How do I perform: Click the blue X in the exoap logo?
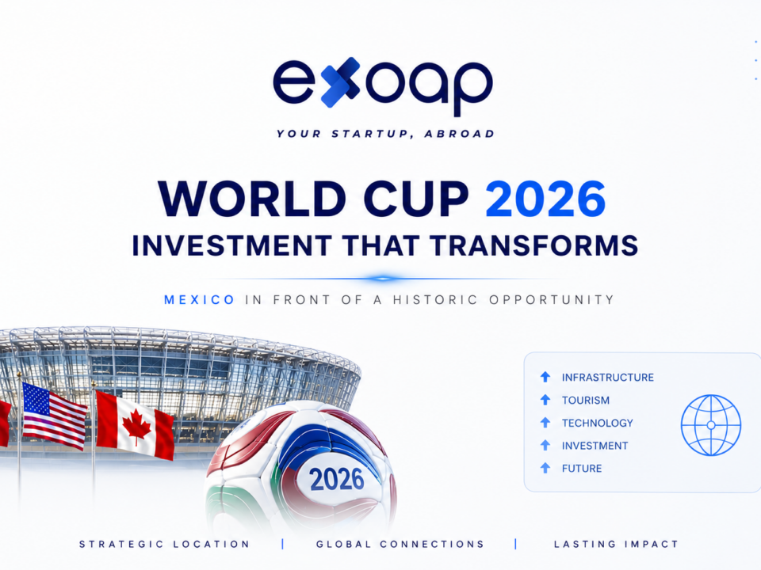(340, 82)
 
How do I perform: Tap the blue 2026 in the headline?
(545, 199)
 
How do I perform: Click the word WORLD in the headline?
(252, 199)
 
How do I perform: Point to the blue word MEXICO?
(200, 300)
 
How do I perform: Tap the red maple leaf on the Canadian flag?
(136, 426)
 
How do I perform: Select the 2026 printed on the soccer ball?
(337, 480)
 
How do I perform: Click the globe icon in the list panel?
(711, 425)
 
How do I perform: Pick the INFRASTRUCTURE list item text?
(608, 377)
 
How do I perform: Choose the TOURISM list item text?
(585, 401)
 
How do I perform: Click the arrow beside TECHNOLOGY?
(545, 423)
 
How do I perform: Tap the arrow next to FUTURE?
(545, 468)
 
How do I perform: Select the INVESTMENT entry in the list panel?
(595, 446)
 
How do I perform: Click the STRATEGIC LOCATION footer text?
(165, 544)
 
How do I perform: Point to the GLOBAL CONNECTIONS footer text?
(400, 544)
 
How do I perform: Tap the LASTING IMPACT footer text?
(616, 544)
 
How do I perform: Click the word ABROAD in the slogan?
(460, 134)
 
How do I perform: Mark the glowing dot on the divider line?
(382, 279)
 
